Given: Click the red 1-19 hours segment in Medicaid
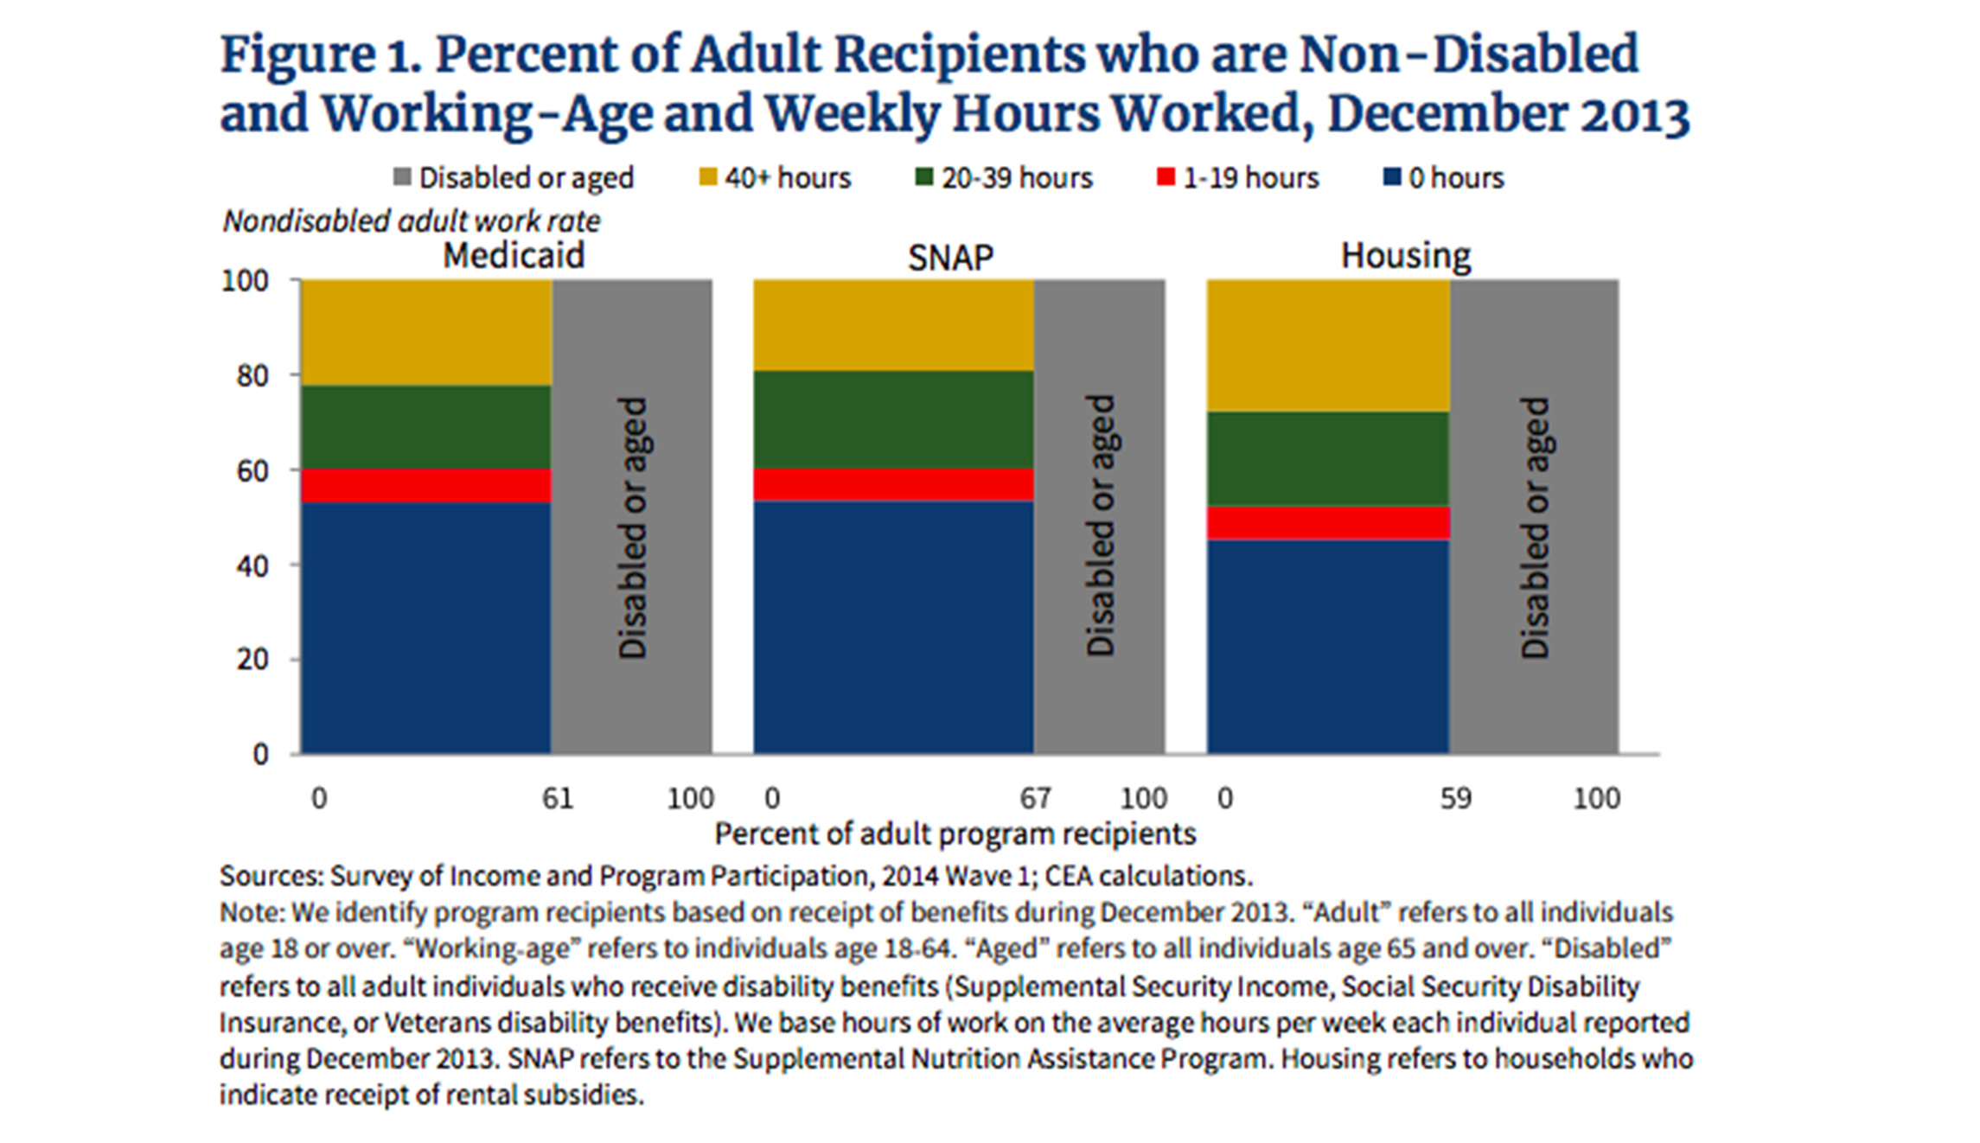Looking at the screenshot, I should (426, 485).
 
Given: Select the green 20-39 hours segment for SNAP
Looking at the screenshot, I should (893, 419).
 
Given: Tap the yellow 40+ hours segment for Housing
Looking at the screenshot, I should (1328, 345).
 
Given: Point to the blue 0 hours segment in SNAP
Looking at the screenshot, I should (893, 627).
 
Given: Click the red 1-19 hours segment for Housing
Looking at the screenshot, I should (1328, 523).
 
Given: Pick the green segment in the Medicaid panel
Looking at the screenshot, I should (426, 427).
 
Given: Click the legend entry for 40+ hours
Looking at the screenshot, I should (776, 178).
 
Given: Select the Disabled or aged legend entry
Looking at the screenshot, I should (514, 178).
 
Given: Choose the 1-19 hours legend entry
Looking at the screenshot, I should (1238, 178).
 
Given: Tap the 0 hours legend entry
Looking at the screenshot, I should (1445, 178).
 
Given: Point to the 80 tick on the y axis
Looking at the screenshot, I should (252, 376).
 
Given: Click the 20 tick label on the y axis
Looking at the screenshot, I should (252, 660).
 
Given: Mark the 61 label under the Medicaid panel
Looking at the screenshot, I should (558, 798).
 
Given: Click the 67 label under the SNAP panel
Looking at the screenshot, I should (1035, 798).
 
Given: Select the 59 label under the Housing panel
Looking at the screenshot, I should (1455, 798).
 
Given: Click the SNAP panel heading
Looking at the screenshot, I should (950, 258).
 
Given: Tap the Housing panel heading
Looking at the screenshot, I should (1405, 256).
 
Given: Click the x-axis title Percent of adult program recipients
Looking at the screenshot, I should (955, 833).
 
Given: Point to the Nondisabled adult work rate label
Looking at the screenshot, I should (412, 221).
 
